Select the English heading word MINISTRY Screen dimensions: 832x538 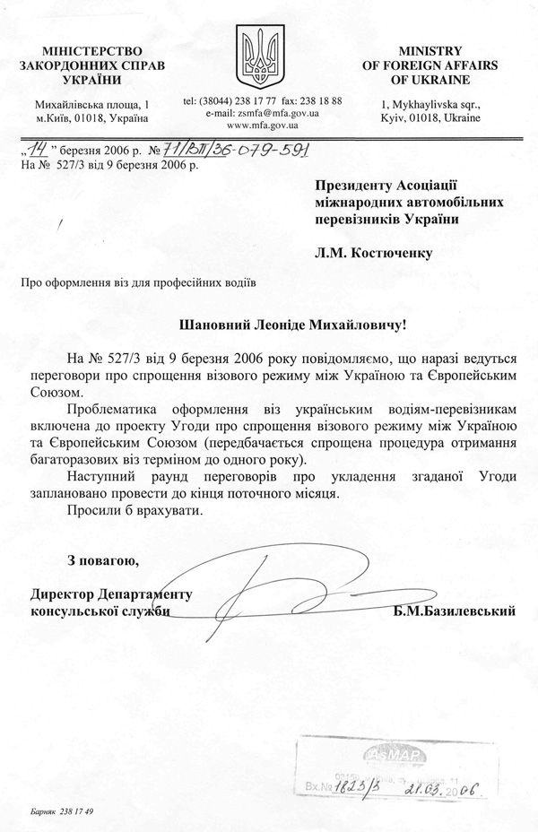[430, 53]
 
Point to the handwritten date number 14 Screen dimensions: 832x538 [37, 152]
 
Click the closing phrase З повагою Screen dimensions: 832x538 [103, 562]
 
